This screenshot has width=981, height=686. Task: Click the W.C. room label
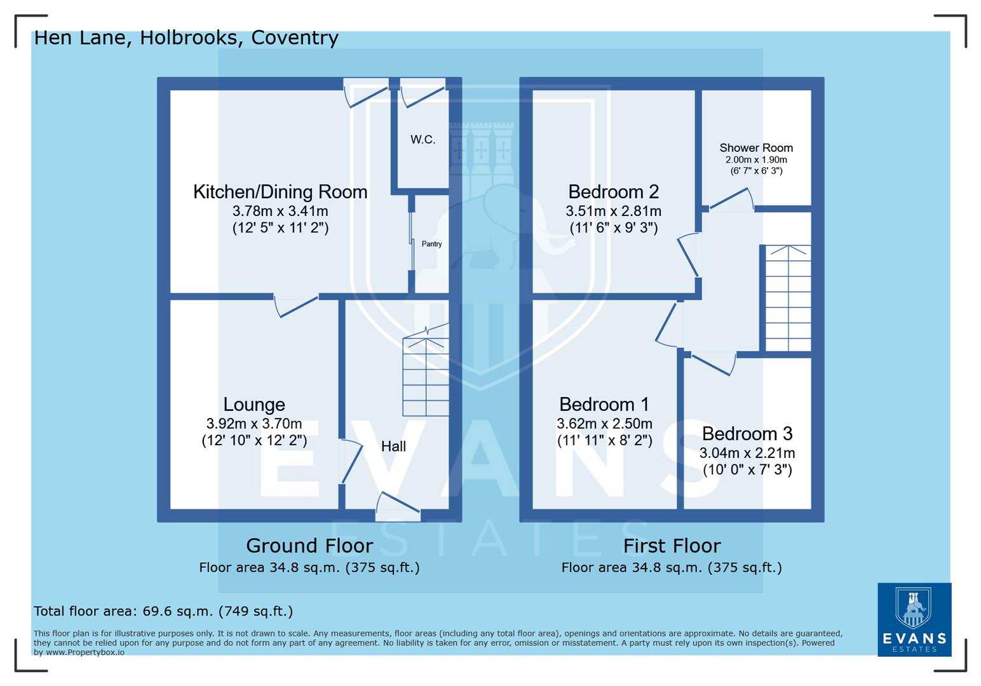[423, 140]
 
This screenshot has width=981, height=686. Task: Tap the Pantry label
[431, 244]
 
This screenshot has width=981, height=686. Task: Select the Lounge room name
[254, 405]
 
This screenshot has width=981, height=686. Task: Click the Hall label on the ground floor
[393, 447]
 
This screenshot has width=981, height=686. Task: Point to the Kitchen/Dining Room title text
[280, 192]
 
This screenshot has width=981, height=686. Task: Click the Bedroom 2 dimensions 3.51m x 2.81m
[613, 211]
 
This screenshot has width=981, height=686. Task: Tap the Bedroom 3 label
[747, 434]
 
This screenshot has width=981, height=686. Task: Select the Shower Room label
[756, 148]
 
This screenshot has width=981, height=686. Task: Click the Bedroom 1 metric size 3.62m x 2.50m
[604, 424]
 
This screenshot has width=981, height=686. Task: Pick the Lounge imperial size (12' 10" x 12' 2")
[254, 440]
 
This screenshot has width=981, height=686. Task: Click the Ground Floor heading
[309, 546]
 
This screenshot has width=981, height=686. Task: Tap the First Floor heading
[672, 546]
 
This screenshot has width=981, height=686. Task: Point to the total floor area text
[163, 611]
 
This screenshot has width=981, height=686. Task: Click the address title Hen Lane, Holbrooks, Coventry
[186, 37]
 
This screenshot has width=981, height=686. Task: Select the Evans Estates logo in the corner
[914, 619]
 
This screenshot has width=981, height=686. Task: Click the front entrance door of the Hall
[398, 505]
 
